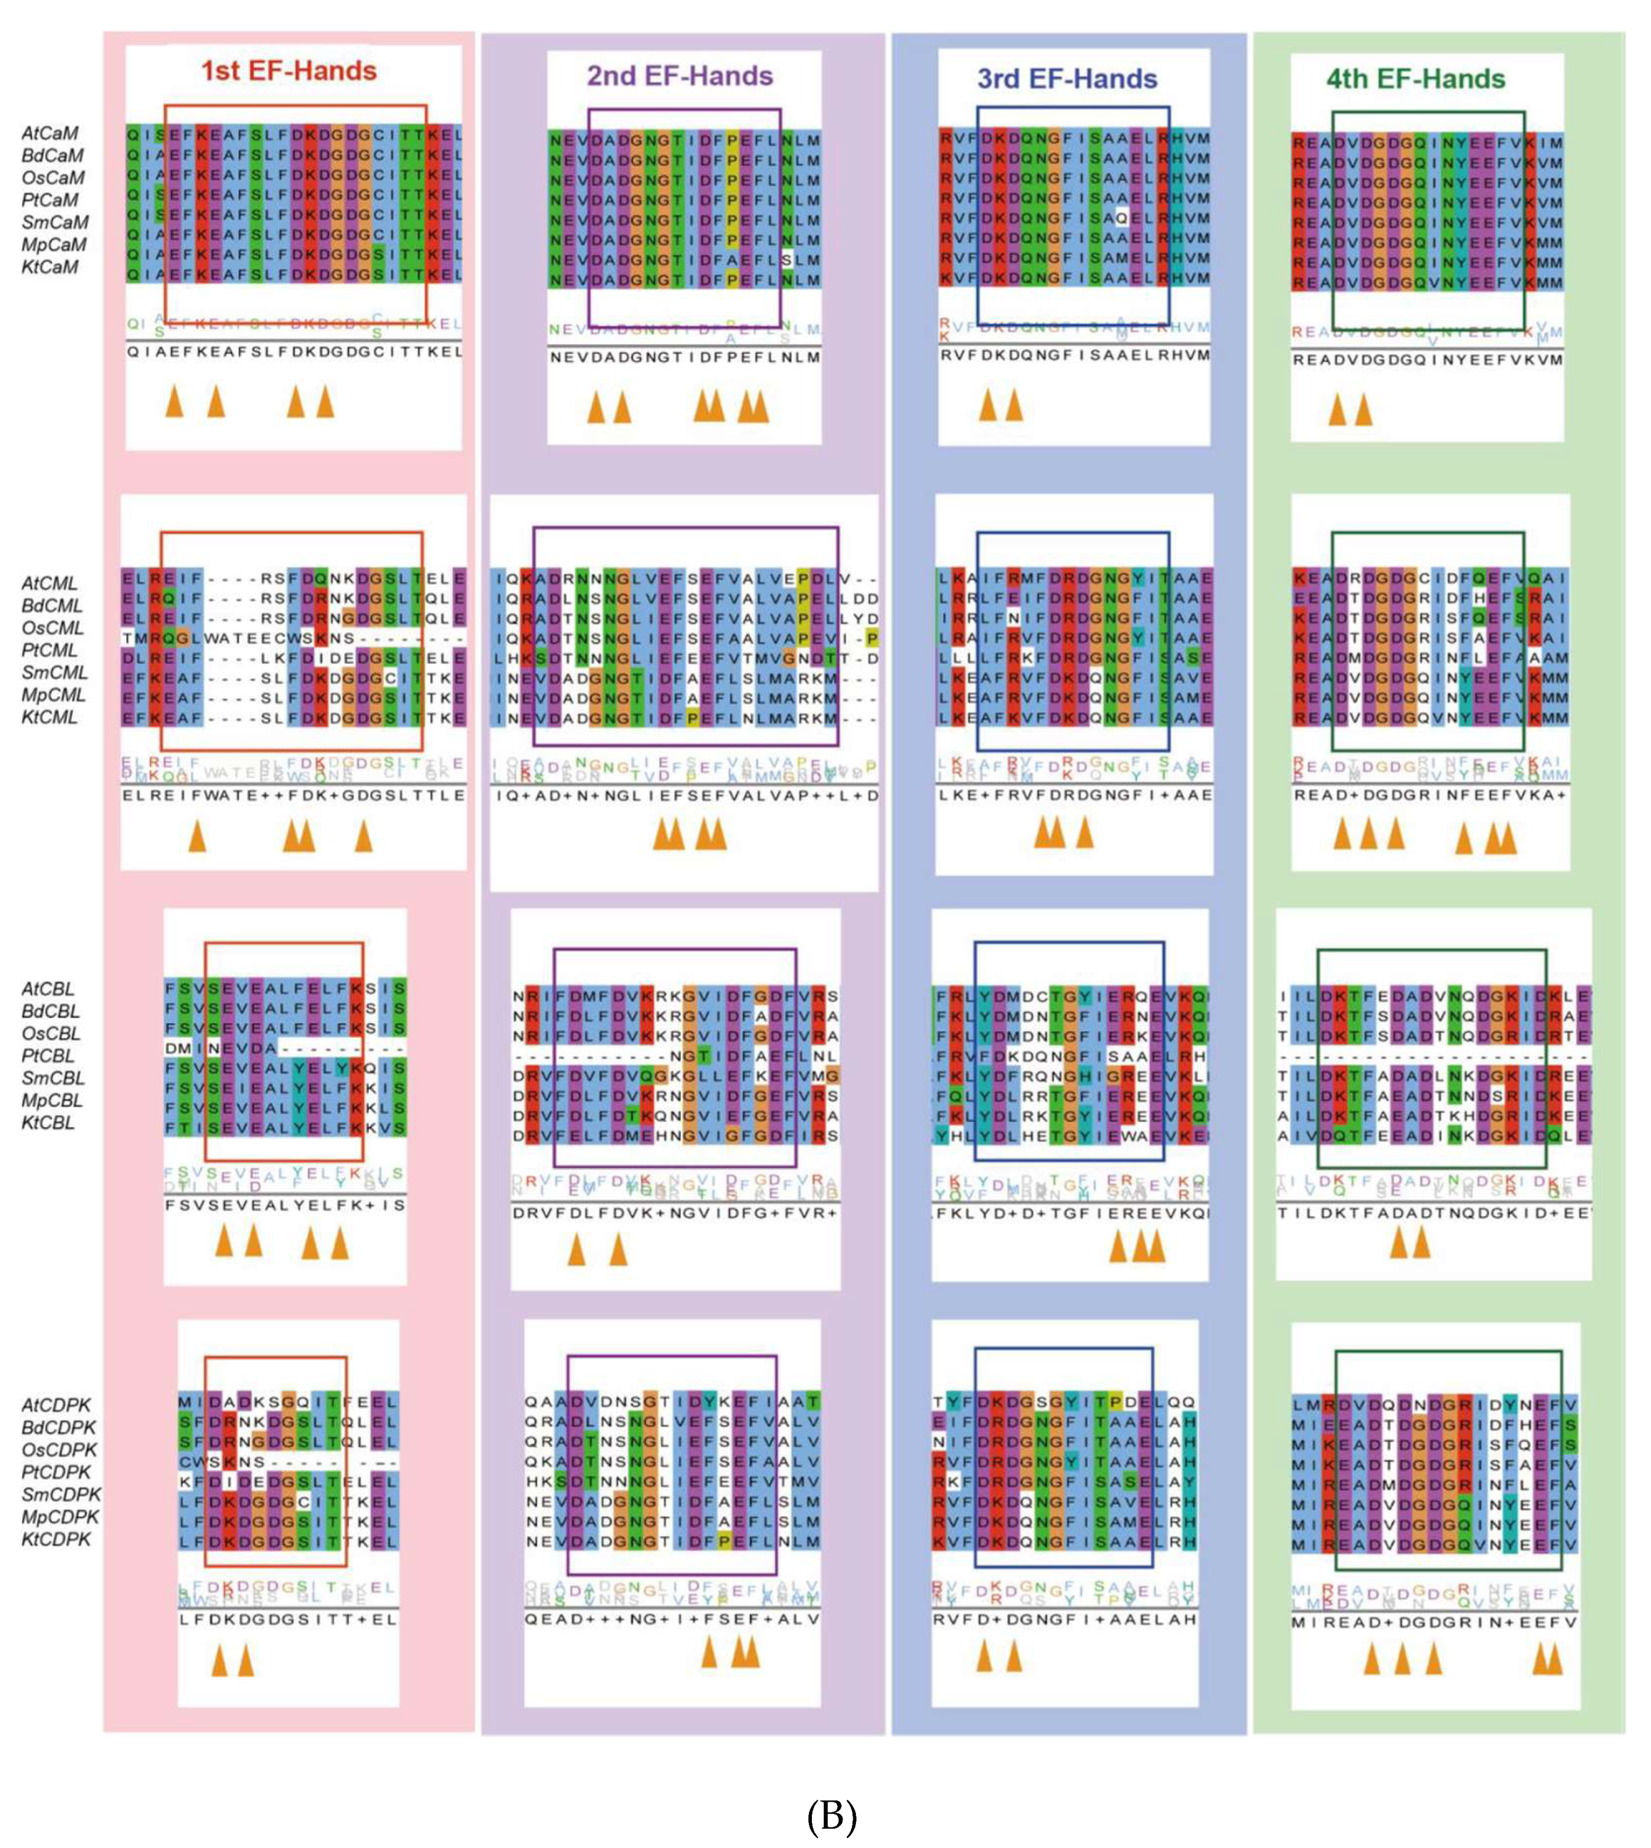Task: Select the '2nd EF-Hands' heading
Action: pyautogui.click(x=679, y=76)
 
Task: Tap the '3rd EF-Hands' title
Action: pyautogui.click(x=1067, y=79)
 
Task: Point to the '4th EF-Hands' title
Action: pyautogui.click(x=1415, y=79)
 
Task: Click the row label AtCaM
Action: pyautogui.click(x=50, y=133)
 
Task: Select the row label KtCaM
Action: pyautogui.click(x=50, y=267)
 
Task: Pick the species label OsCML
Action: pyautogui.click(x=53, y=628)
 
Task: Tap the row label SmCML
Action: pyautogui.click(x=54, y=672)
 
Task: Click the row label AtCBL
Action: pyautogui.click(x=48, y=989)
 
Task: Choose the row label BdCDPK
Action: pyautogui.click(x=59, y=1427)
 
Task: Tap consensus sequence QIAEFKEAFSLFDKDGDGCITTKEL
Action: pyautogui.click(x=294, y=352)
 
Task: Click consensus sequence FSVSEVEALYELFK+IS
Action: pyautogui.click(x=285, y=1205)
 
